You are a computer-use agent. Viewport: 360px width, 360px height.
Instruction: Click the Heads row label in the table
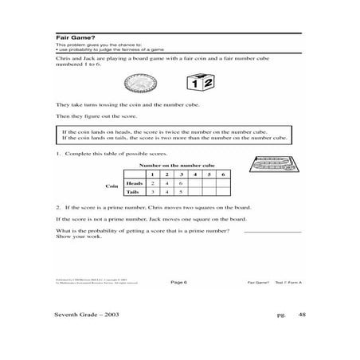tap(135, 182)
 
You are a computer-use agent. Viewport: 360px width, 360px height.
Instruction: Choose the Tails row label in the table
tap(135, 192)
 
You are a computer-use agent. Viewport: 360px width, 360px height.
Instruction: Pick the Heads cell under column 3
tap(182, 182)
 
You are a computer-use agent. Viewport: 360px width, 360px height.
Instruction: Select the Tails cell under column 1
tap(153, 192)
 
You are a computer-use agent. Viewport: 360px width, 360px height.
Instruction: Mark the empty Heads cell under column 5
tap(210, 182)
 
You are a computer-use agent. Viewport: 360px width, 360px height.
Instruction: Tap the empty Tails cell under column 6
tap(225, 192)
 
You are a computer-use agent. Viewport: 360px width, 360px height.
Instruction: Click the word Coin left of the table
tap(112, 187)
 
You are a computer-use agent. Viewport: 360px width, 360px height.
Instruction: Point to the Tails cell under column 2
tap(167, 192)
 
